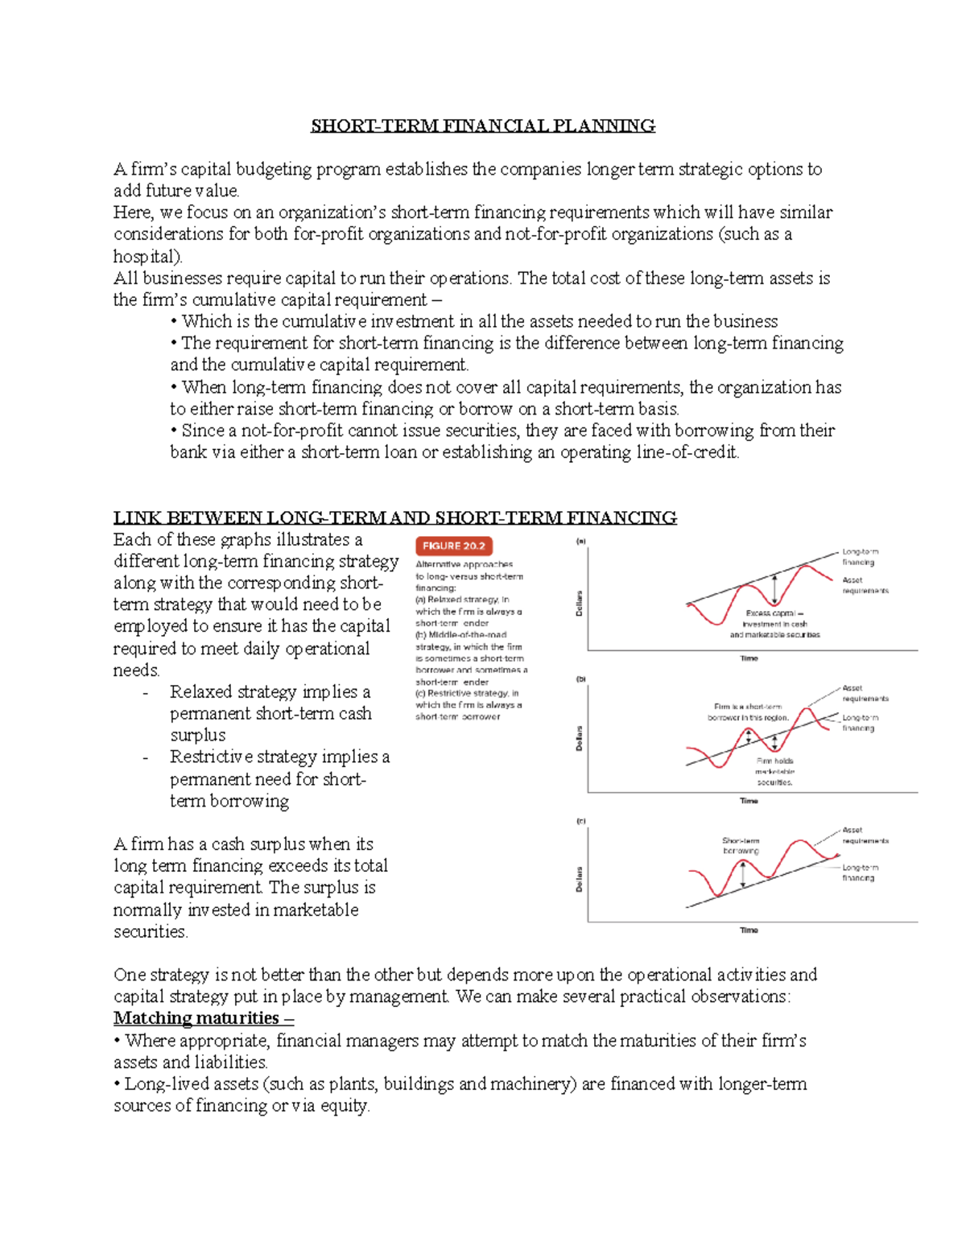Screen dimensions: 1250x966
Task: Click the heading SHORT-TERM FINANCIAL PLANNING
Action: pos(483,126)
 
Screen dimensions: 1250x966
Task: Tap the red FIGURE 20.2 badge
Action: pos(453,546)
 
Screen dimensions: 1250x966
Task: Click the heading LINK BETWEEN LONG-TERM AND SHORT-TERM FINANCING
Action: pos(394,518)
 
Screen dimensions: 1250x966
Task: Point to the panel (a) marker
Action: pos(580,542)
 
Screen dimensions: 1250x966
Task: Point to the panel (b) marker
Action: pos(580,679)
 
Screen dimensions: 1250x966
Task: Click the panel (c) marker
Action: pos(580,822)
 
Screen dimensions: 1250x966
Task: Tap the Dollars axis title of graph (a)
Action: pos(579,604)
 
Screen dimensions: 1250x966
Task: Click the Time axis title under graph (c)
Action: pos(749,930)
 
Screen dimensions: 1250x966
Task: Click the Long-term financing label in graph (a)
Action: pos(859,557)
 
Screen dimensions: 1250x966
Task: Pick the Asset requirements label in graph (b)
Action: pos(865,693)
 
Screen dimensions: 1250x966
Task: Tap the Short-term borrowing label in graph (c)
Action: pos(741,845)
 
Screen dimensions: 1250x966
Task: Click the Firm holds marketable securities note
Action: pos(774,771)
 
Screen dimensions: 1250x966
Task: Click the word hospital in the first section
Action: pos(147,257)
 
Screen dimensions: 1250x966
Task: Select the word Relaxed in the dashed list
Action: pos(199,692)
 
